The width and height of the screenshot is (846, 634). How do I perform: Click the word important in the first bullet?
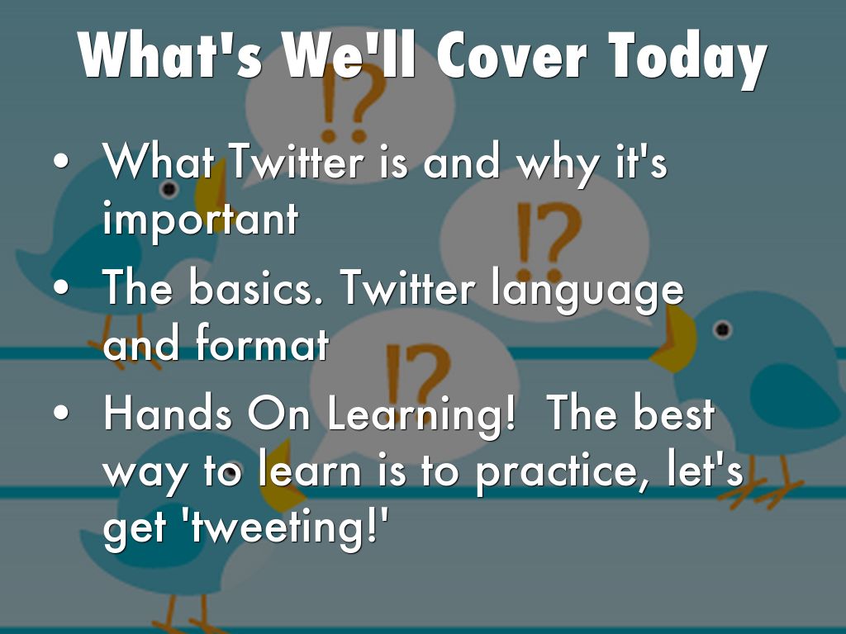(x=200, y=219)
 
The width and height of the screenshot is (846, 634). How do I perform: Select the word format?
(x=262, y=345)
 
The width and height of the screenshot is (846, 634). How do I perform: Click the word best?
(x=673, y=414)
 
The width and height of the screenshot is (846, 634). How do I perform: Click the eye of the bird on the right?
(x=723, y=330)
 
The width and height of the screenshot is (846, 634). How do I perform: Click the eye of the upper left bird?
(x=169, y=190)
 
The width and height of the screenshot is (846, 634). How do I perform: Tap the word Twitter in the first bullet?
(x=296, y=163)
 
